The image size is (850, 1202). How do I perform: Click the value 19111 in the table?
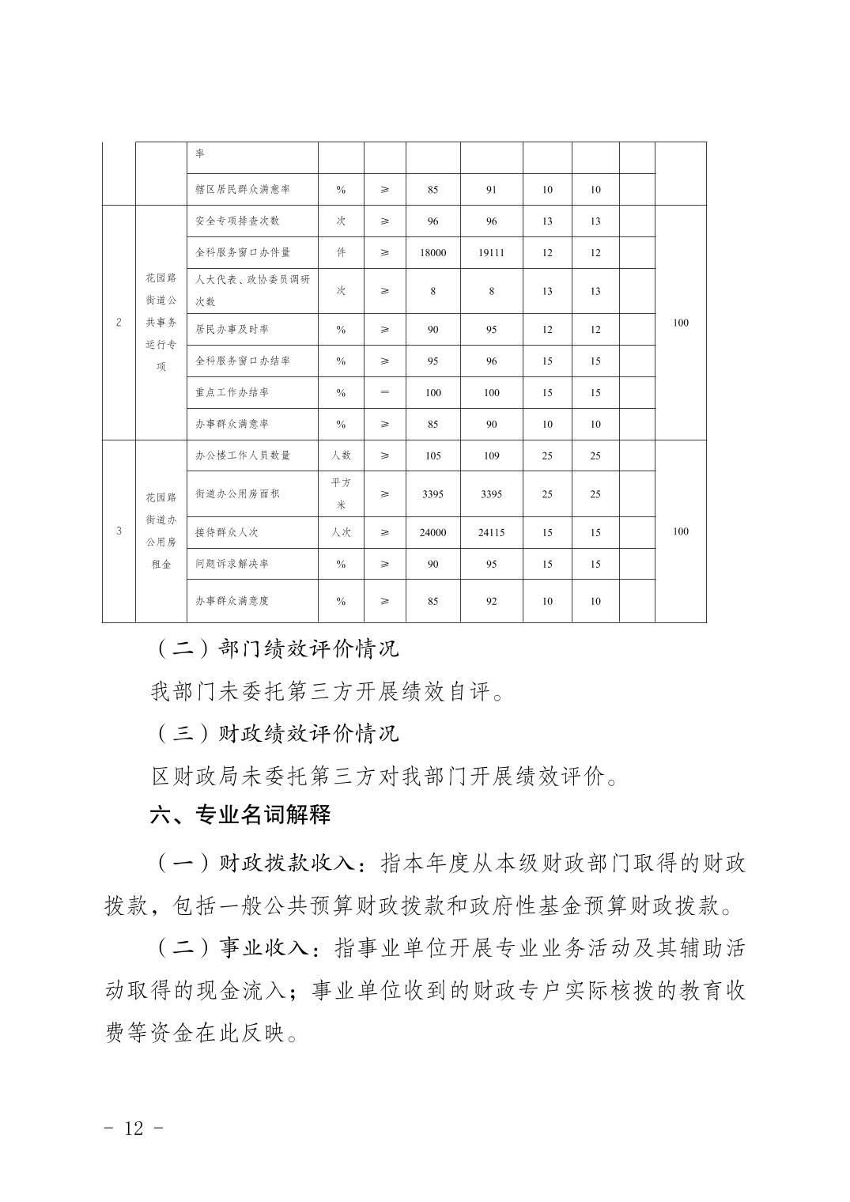(491, 253)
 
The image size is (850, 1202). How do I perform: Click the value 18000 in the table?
(433, 253)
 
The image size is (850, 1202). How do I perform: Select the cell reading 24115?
(491, 533)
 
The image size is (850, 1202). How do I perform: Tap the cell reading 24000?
(433, 533)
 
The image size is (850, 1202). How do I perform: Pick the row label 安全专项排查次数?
(237, 221)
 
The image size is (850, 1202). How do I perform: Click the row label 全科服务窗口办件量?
(243, 252)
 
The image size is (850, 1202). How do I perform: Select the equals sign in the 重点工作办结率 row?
(385, 392)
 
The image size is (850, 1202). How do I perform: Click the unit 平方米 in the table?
(341, 493)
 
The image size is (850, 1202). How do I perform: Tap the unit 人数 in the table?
(341, 455)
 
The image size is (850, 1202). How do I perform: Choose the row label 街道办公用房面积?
(237, 493)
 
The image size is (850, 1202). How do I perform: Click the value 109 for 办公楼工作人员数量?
(491, 455)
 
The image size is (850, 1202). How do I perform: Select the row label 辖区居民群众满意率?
(243, 190)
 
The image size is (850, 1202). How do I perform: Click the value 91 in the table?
(491, 190)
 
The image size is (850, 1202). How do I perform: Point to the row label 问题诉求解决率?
(232, 564)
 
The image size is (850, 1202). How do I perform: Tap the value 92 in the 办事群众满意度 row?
(491, 601)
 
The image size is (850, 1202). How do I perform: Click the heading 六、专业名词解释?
(240, 815)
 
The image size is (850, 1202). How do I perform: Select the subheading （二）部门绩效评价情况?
(274, 649)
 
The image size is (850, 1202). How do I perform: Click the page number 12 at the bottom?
(134, 1128)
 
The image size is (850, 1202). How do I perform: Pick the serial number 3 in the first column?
(119, 531)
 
